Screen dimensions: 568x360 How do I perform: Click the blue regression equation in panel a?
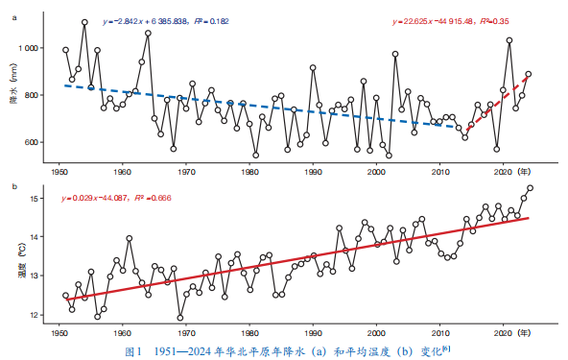[x=166, y=21]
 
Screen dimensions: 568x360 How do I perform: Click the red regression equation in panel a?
[x=451, y=21]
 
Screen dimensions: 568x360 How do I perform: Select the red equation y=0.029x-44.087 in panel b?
[x=116, y=198]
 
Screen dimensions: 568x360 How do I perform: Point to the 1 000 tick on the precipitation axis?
[x=29, y=48]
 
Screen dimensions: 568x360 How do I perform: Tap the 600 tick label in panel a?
[x=33, y=142]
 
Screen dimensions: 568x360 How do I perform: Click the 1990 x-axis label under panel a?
[x=313, y=172]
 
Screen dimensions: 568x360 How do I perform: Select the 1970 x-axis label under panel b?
[x=186, y=333]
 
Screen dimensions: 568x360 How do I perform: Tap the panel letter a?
[x=14, y=17]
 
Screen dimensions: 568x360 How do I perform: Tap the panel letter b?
[x=14, y=186]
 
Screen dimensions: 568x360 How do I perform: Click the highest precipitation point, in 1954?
[x=84, y=22]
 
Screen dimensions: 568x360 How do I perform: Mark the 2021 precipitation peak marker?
[x=509, y=40]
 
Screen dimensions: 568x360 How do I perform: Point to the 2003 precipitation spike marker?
[x=395, y=54]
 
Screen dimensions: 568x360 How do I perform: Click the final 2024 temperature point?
[x=530, y=188]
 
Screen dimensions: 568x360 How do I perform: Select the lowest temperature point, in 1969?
[x=180, y=318]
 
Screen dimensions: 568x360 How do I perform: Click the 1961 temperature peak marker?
[x=130, y=238]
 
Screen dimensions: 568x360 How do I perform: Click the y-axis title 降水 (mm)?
[x=13, y=84]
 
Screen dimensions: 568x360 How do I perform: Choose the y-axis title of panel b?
[x=22, y=266]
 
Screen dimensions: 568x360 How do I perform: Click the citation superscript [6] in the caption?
[x=446, y=348]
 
